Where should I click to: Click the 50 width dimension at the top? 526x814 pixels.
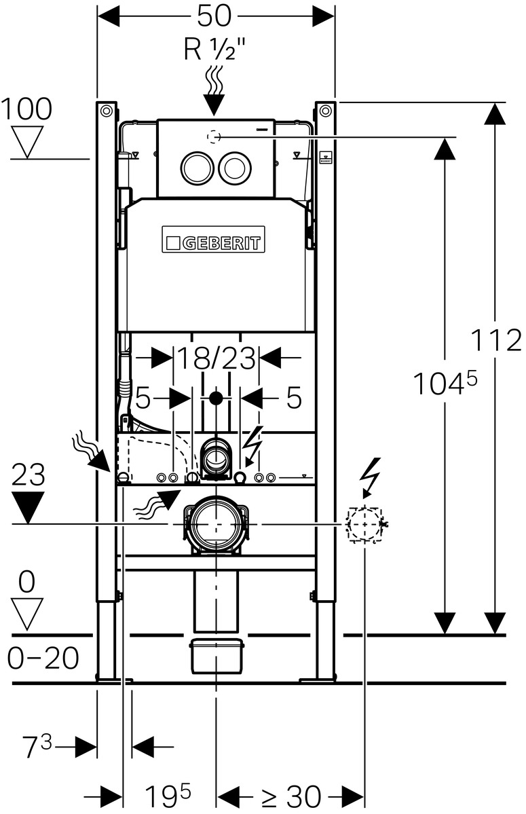coord(214,16)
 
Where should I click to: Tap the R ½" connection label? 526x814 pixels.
coord(214,50)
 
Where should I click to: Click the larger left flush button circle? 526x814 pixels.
coord(197,168)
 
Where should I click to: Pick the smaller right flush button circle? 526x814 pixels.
coord(236,168)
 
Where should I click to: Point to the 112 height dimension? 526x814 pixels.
coord(495,341)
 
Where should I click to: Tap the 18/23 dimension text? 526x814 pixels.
coord(217,358)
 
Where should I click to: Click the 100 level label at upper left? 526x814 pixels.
coord(26,109)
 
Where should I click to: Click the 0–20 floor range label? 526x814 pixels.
coord(43,659)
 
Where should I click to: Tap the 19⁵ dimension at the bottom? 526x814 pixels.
coord(168,795)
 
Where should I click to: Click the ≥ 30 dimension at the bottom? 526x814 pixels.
coord(290,795)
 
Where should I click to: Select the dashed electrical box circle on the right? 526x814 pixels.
coord(364,525)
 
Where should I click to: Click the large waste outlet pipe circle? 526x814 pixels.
coord(215,524)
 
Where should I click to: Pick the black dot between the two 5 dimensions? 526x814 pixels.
coord(216,399)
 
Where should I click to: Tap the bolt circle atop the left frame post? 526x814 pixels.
coord(106,111)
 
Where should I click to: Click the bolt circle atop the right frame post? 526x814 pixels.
coord(325,111)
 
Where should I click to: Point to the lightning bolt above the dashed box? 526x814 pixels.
coord(371,477)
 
